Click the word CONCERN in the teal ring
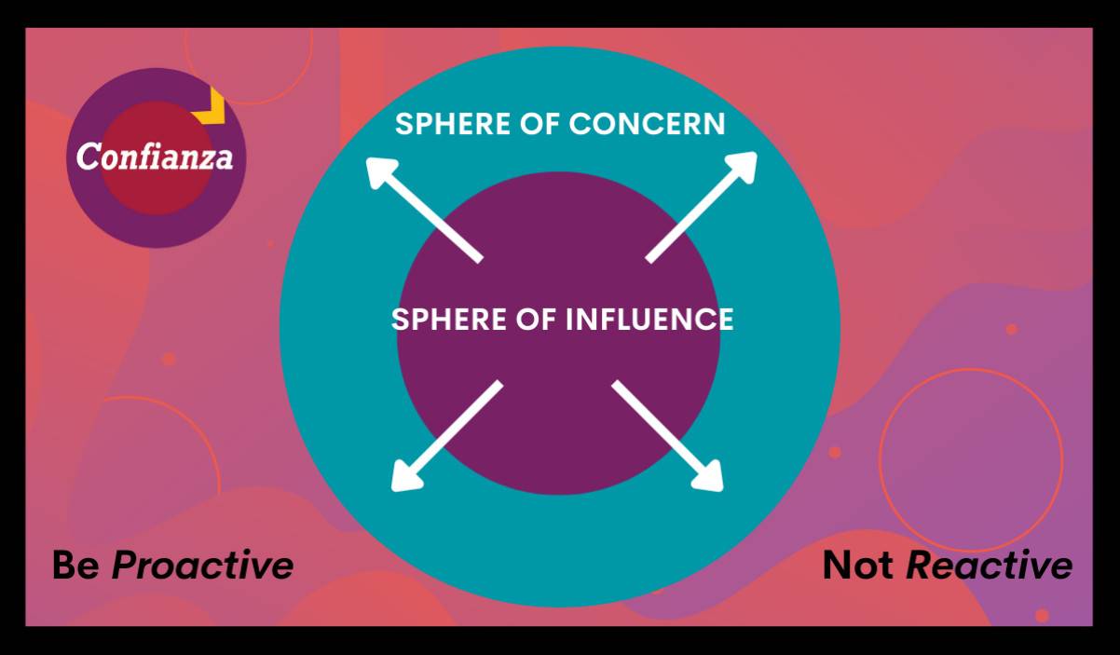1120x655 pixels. coord(647,124)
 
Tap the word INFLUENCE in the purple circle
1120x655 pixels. coord(649,319)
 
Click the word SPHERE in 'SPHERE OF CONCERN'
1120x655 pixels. coord(453,124)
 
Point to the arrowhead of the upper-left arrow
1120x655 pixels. coord(381,172)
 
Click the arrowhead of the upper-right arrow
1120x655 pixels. coord(742,167)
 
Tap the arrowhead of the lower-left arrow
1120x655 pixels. coord(406,476)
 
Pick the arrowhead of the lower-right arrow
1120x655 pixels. coord(708,476)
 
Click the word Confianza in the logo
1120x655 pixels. coord(155,156)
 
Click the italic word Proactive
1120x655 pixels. coord(202,566)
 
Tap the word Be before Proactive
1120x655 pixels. coord(76,566)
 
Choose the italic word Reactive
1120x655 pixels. coord(990,566)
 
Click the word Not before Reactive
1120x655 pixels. coord(858,566)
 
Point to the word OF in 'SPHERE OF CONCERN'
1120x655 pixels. coord(540,124)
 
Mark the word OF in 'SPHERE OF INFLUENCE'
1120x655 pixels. coord(536,319)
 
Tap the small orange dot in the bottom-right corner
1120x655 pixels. coord(1042,616)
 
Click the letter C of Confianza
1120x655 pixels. coord(88,156)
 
